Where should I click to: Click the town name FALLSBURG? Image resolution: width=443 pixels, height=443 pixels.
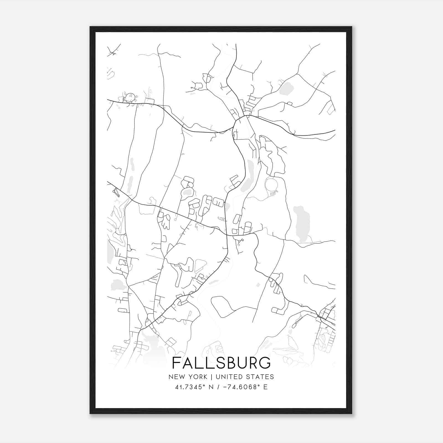pyautogui.click(x=221, y=363)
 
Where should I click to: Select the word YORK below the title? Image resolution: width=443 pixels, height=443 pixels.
pyautogui.click(x=198, y=377)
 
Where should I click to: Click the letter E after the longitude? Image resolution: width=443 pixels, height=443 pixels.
pyautogui.click(x=265, y=387)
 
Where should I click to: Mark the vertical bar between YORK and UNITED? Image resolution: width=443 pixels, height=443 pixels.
pyautogui.click(x=212, y=377)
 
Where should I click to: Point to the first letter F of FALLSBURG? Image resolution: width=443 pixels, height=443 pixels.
pyautogui.click(x=176, y=363)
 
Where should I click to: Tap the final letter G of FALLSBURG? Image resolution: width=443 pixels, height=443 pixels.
pyautogui.click(x=265, y=363)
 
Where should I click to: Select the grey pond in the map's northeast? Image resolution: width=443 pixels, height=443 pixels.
pyautogui.click(x=286, y=89)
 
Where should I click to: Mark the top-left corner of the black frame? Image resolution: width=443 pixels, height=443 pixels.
pyautogui.click(x=90, y=27)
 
